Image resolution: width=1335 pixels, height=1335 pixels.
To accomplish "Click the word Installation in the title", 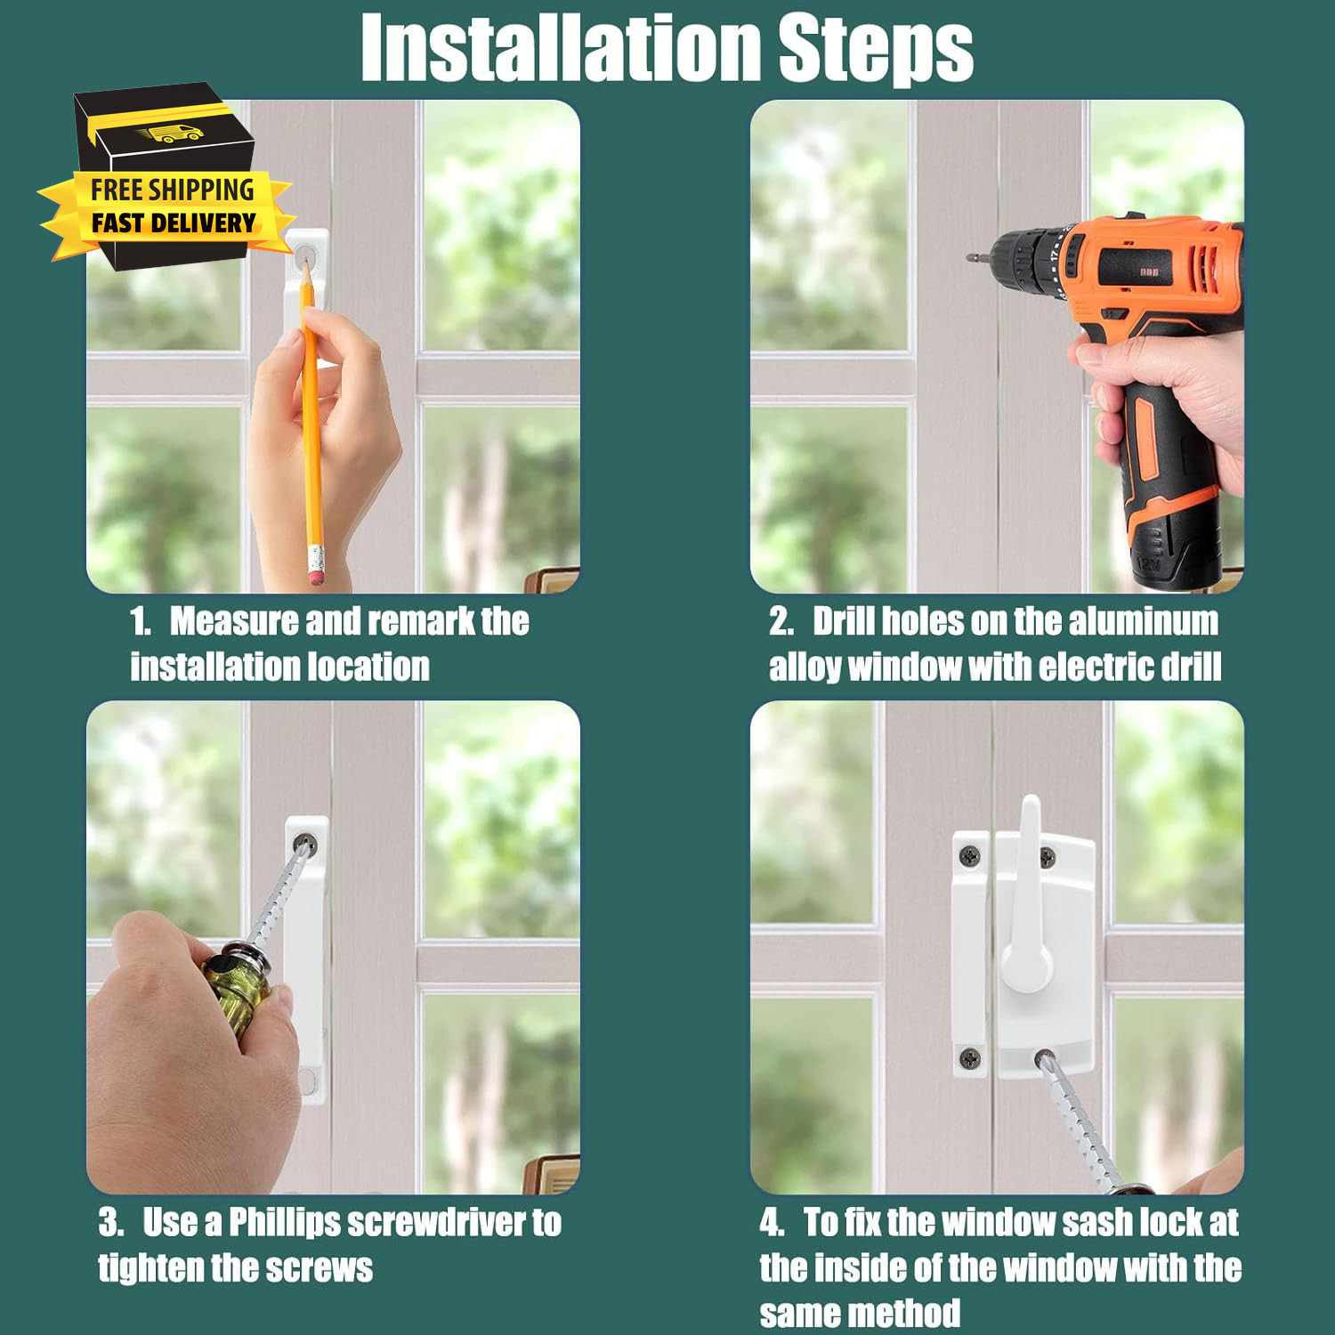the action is point(562,48).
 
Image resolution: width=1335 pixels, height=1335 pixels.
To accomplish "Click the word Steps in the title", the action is point(877,50).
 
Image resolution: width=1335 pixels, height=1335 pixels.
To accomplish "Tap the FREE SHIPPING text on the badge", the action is point(172,190).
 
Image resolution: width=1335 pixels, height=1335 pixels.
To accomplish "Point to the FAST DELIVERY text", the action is point(174,222).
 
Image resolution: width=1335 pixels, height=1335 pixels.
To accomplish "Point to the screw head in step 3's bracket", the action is point(305,842).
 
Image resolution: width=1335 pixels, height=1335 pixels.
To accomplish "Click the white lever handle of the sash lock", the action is point(1028,899).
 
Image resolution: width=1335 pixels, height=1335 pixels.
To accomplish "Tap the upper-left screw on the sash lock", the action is point(970,856).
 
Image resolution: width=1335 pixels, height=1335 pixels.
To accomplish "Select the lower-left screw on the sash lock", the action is point(970,1058).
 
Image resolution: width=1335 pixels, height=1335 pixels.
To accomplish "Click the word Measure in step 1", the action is point(234,620).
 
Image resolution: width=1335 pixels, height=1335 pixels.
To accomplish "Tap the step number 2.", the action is point(781,621).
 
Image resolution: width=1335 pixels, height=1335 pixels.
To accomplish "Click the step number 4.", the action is point(771,1223).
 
